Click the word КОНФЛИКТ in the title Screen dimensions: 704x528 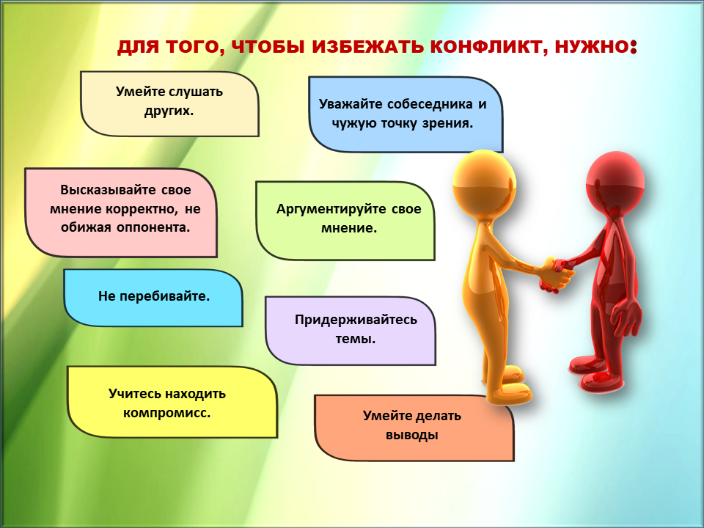coord(489,47)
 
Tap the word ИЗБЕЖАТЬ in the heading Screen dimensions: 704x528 coord(367,47)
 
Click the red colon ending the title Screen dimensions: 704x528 coord(634,47)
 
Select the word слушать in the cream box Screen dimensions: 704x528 coord(196,92)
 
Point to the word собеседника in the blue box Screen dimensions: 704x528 coord(430,104)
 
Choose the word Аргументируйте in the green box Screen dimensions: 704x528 coord(331,209)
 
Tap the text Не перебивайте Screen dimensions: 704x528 coord(154,296)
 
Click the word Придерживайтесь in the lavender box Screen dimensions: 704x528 coord(356,320)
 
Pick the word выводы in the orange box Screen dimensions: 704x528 coord(411,435)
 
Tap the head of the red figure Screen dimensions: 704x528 coord(615,183)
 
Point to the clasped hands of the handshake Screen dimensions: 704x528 coord(557,274)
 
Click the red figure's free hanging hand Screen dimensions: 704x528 coord(628,315)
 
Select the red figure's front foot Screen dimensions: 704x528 coord(599,381)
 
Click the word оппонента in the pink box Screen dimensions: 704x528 coord(153,227)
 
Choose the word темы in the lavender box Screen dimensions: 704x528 coord(355,339)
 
